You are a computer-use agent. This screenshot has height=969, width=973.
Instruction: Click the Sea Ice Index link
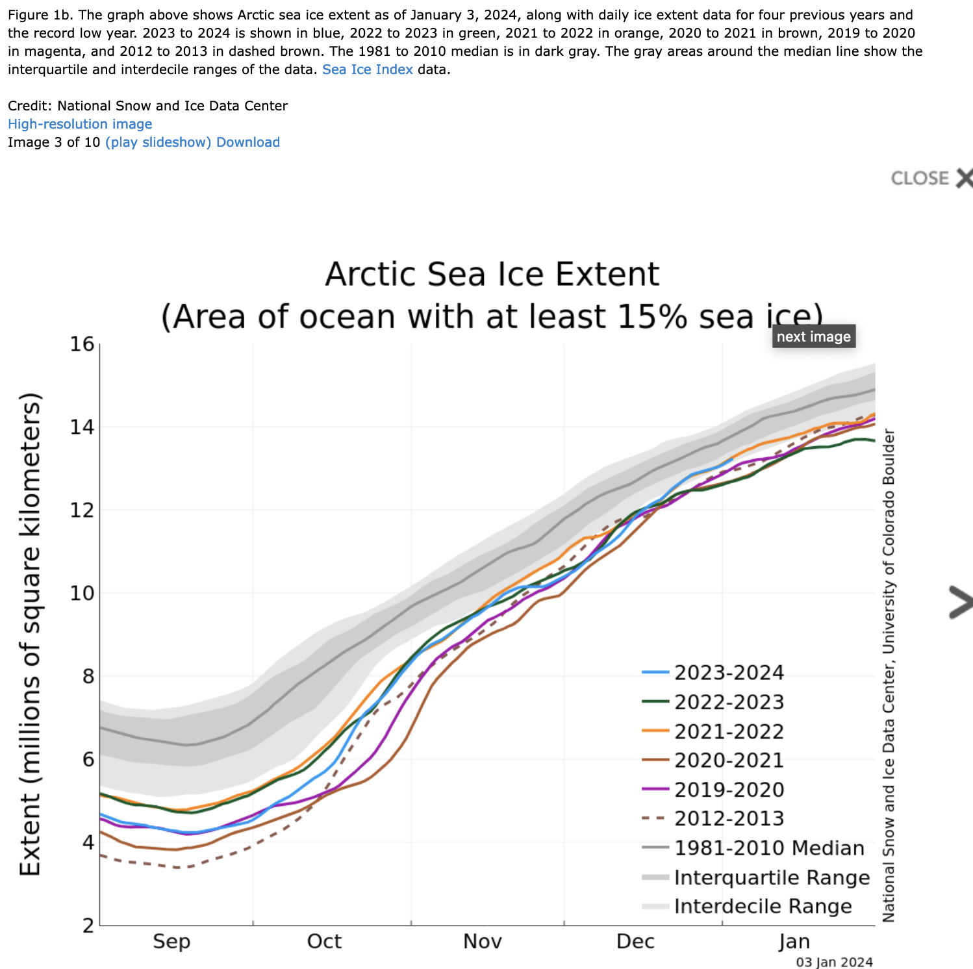pyautogui.click(x=367, y=69)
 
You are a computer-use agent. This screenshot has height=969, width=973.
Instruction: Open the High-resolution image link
pyautogui.click(x=80, y=124)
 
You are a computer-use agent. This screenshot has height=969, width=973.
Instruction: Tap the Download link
pyautogui.click(x=247, y=142)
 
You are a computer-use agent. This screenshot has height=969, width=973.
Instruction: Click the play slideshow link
pyautogui.click(x=158, y=142)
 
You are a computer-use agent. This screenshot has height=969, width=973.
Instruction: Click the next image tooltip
pyautogui.click(x=813, y=336)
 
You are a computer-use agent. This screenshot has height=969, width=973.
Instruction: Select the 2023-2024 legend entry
pyautogui.click(x=729, y=673)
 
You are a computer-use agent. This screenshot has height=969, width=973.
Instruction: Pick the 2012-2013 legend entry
pyautogui.click(x=729, y=818)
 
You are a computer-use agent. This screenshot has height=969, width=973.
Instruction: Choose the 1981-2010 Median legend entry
pyautogui.click(x=769, y=848)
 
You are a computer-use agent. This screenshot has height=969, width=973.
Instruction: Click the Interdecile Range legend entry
pyautogui.click(x=763, y=906)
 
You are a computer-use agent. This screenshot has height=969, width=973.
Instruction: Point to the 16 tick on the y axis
pyautogui.click(x=82, y=345)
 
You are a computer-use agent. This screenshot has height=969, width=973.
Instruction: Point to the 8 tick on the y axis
pyautogui.click(x=86, y=677)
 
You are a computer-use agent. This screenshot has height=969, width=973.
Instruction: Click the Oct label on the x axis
pyautogui.click(x=324, y=942)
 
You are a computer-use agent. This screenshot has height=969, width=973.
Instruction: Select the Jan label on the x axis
pyautogui.click(x=794, y=942)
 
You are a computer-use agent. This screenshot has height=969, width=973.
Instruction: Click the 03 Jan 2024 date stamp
pyautogui.click(x=834, y=962)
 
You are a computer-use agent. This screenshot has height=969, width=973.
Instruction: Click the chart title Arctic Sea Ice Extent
pyautogui.click(x=492, y=274)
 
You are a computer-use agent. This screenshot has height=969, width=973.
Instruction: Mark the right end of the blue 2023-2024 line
pyautogui.click(x=732, y=459)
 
